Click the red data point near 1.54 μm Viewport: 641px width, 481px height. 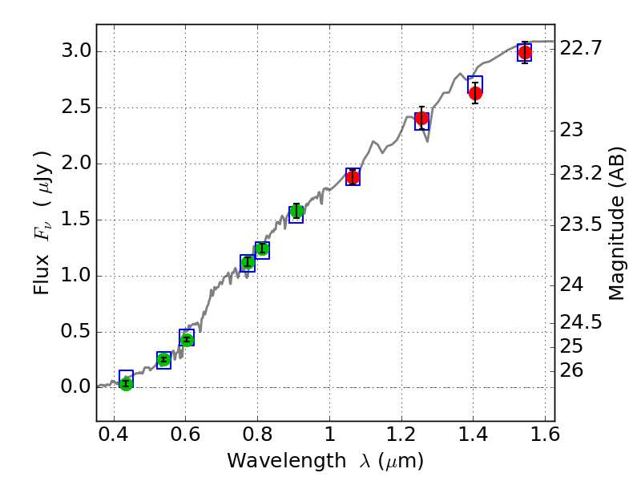(525, 53)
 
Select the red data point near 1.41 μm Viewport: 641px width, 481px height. (475, 93)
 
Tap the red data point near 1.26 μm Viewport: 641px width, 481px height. (421, 118)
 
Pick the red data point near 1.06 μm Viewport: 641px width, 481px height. (353, 177)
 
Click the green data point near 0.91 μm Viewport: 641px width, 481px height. (296, 212)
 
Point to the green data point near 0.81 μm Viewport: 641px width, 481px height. (262, 249)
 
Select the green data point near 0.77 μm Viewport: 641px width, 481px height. (248, 262)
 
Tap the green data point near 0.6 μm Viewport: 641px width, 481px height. (187, 339)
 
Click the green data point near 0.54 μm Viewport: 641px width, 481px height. (163, 359)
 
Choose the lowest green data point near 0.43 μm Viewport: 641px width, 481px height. (126, 384)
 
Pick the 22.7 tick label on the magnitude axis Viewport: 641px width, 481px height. (582, 49)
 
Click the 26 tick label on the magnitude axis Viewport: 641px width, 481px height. (574, 370)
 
